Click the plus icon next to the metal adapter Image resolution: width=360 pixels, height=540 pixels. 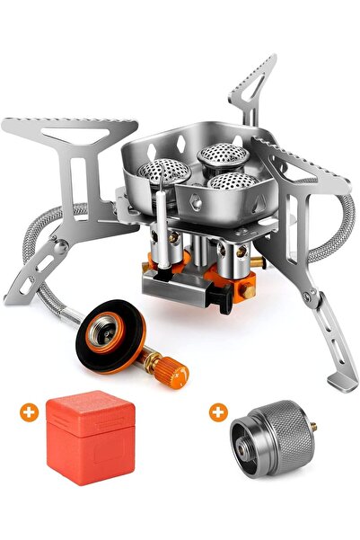tap(217, 412)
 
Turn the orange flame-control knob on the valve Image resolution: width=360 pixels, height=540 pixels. tap(172, 367)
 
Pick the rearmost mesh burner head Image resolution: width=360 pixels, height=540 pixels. tap(218, 155)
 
